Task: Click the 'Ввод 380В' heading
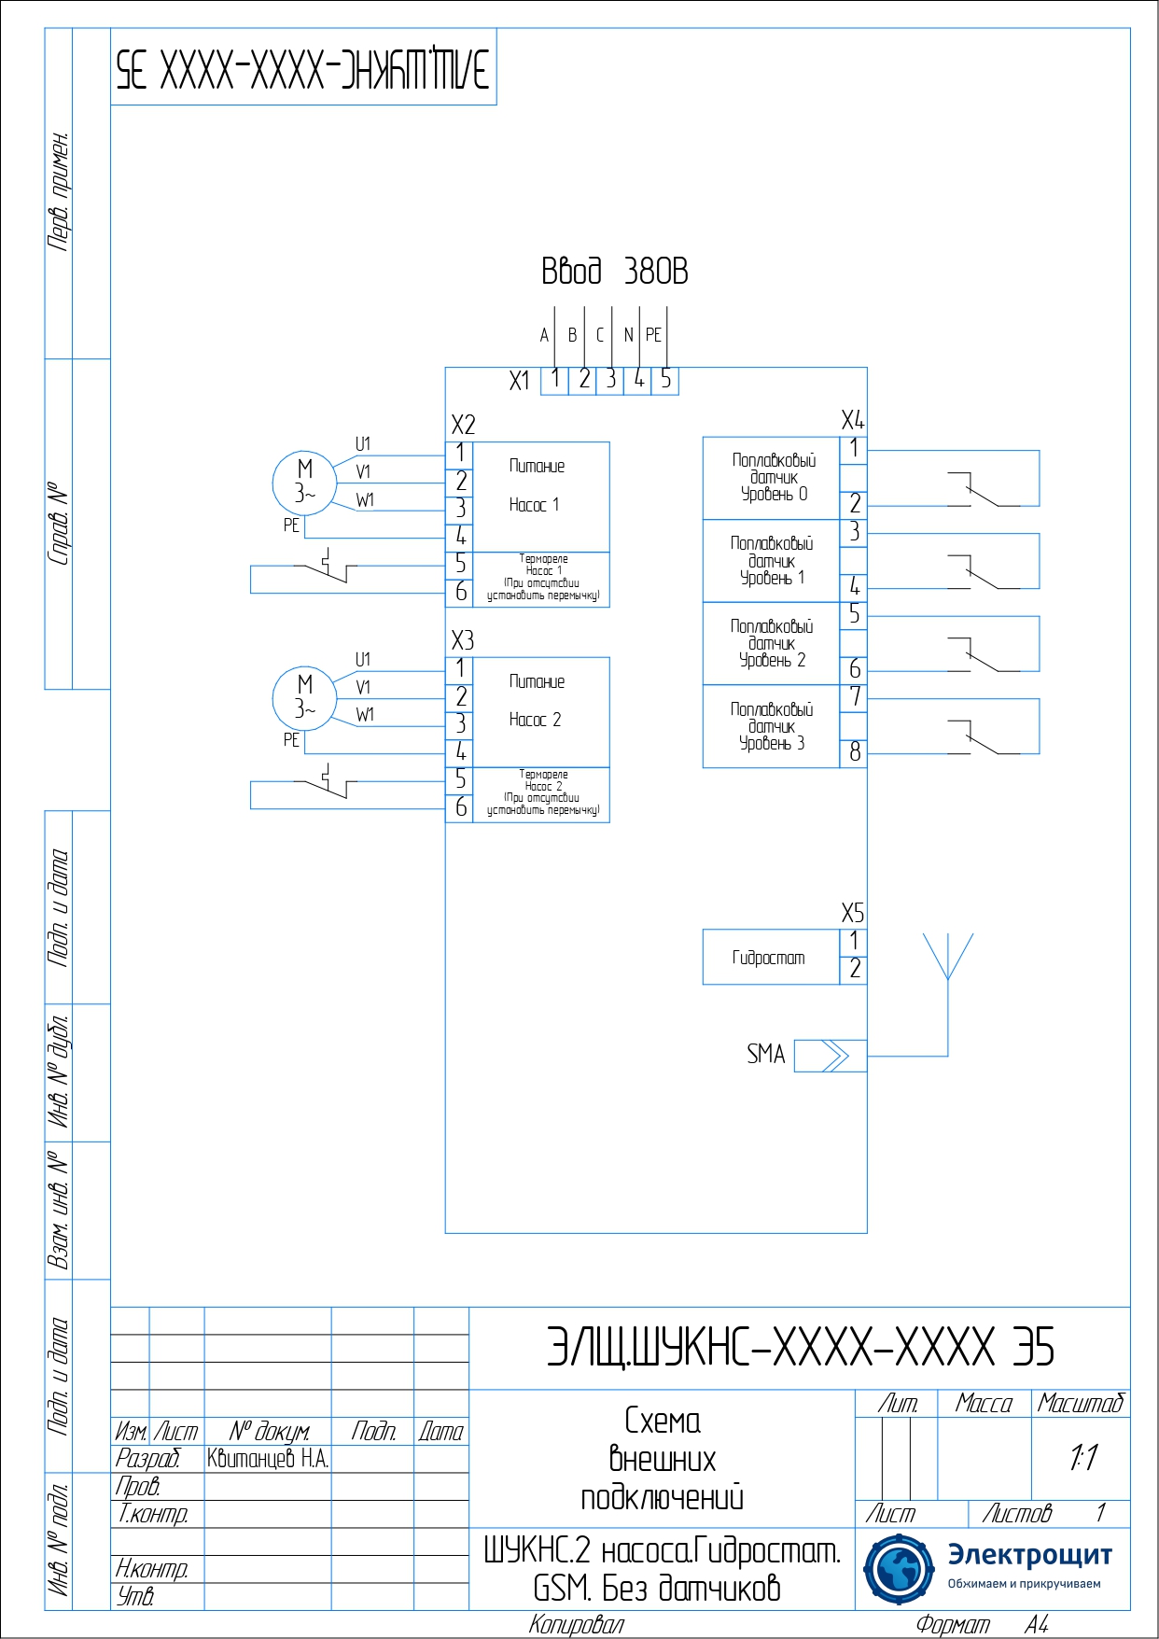coord(614,272)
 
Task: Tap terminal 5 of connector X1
coord(665,380)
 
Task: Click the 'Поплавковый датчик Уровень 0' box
coord(772,478)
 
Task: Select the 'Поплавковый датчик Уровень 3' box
coord(772,727)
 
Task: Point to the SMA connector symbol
coord(831,1056)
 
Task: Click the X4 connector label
coord(852,420)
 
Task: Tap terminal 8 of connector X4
coord(854,752)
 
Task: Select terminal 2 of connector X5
coord(854,970)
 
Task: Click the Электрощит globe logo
coord(898,1569)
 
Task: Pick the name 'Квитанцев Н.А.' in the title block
coord(268,1459)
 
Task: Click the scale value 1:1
coord(1082,1457)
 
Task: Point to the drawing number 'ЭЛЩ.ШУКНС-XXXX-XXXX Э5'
coord(800,1348)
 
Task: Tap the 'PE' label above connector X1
coord(653,335)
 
